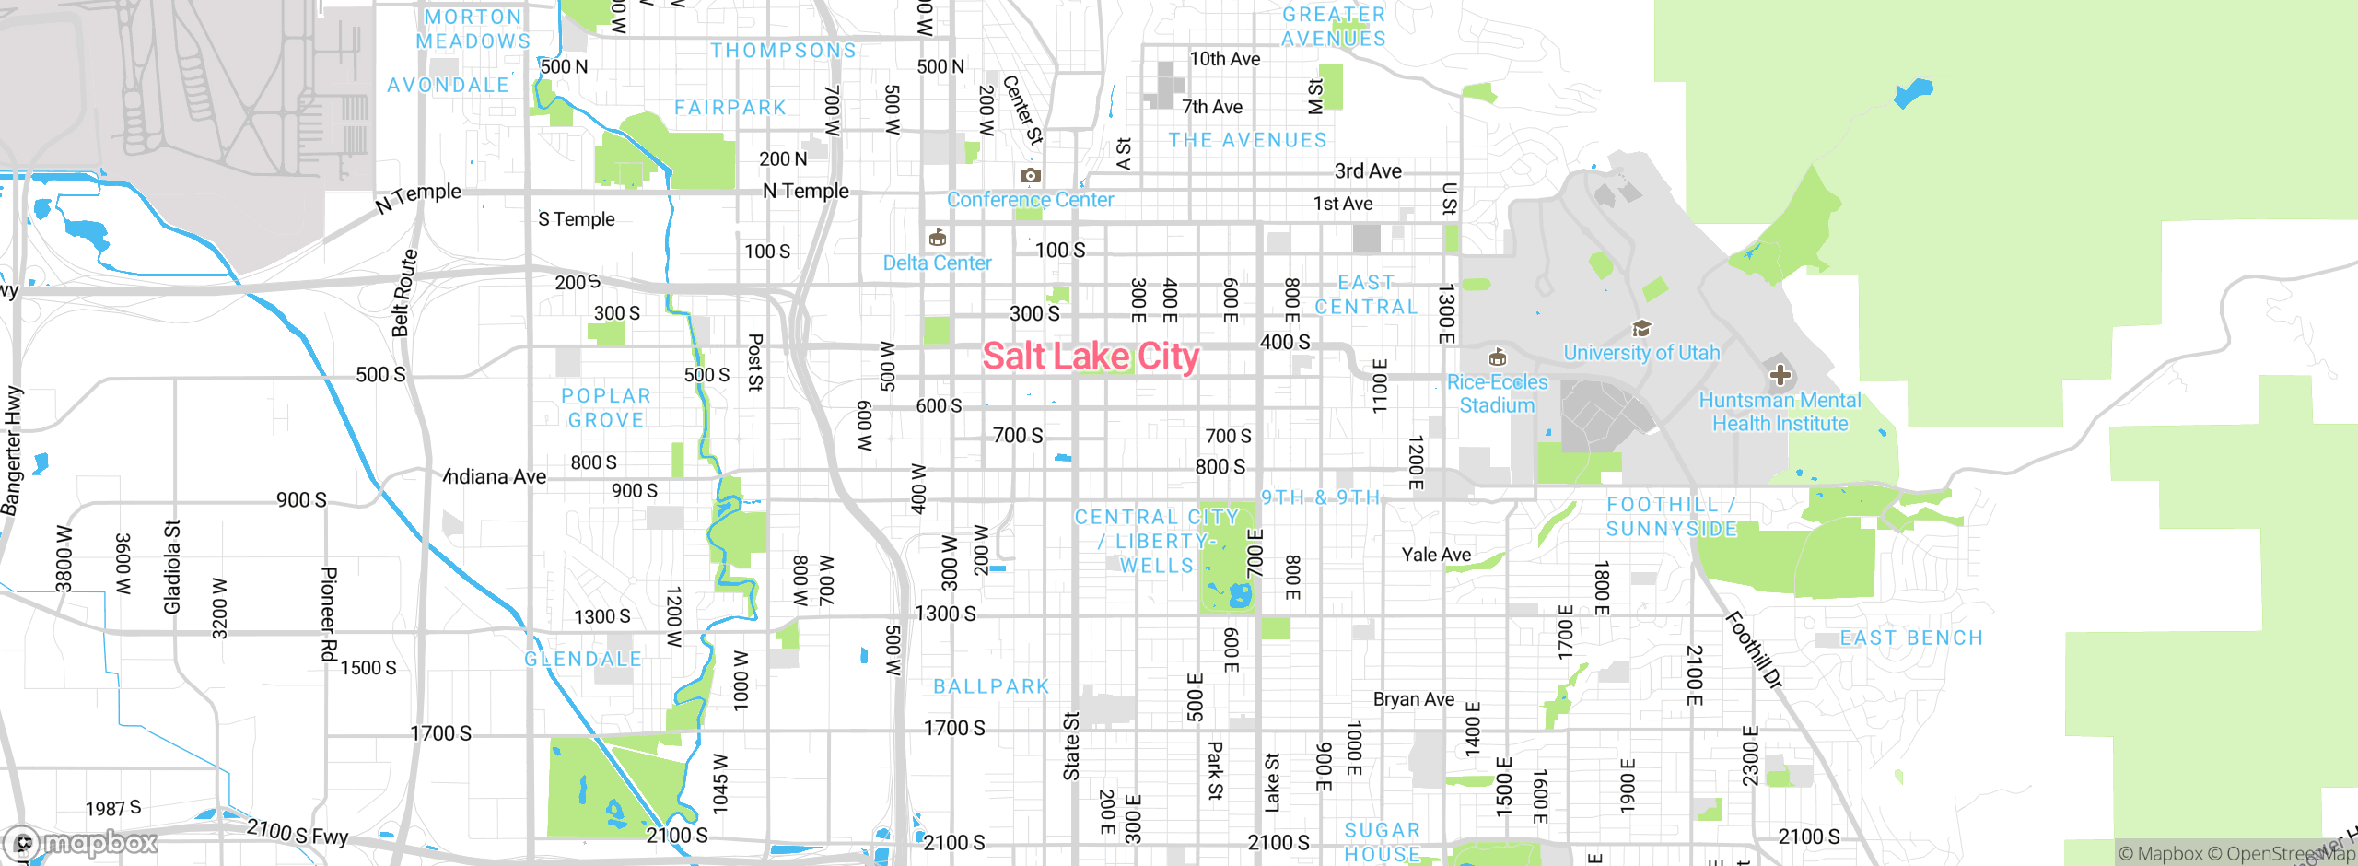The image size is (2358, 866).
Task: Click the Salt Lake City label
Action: (1091, 357)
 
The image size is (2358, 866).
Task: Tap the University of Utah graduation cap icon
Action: (1641, 328)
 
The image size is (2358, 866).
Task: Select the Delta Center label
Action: (937, 263)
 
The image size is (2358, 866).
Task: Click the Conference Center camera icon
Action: (1031, 175)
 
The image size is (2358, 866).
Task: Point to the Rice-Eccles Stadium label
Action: (1497, 393)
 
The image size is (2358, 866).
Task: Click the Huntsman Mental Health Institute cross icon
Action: (1780, 375)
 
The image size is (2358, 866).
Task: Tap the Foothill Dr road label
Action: (1754, 649)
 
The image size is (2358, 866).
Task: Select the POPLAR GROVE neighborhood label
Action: (606, 407)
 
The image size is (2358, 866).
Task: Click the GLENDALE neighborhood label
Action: (583, 660)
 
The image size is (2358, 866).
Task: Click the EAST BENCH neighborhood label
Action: (1910, 638)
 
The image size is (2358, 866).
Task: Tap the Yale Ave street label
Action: (1436, 555)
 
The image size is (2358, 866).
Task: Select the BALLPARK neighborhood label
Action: (991, 686)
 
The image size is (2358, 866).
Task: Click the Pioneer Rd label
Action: (328, 614)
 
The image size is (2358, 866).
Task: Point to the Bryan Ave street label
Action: (1413, 699)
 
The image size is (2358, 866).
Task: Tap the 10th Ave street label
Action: (1224, 59)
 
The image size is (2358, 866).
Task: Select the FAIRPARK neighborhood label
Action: (730, 108)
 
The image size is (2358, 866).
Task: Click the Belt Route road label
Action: (404, 293)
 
